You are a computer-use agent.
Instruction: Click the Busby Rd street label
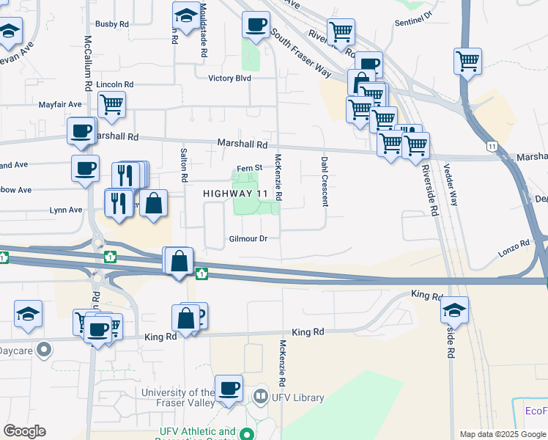coord(112,24)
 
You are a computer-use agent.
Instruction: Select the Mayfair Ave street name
coord(60,104)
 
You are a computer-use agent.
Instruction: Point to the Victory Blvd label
coord(229,78)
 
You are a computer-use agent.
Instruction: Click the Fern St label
coord(249,169)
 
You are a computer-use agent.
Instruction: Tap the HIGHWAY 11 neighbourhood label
coord(234,194)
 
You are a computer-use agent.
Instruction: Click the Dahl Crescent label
coord(323,181)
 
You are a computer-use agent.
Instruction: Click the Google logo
coord(24,431)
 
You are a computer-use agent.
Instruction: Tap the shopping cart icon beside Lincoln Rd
coord(111,104)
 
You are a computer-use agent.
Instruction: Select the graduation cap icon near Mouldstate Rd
coord(186,15)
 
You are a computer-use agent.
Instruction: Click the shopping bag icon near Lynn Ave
coord(154,203)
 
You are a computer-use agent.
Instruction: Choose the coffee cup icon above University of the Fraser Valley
coord(229,387)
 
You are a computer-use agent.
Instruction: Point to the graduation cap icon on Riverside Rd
coord(454,309)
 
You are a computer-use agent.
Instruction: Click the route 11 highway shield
coord(492,147)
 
